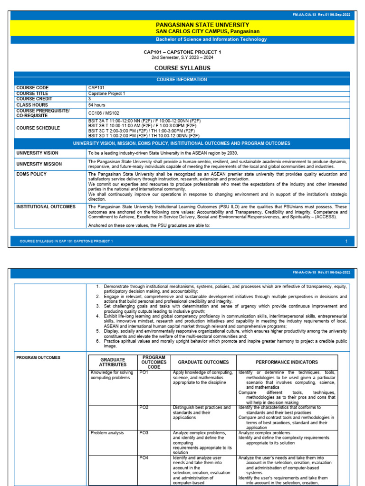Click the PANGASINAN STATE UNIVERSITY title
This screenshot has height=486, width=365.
pos(182,25)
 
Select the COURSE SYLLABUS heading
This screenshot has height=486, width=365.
pos(182,68)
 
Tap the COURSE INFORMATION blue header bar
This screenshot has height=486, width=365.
pos(182,80)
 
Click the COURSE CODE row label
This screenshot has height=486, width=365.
pos(32,88)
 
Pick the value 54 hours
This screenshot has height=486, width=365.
pos(97,104)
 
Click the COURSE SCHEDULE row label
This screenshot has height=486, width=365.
pos(38,128)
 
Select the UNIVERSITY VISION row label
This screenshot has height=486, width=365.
pos(37,153)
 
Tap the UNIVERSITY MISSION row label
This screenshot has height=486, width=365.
pos(39,164)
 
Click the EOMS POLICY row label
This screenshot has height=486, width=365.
pos(31,174)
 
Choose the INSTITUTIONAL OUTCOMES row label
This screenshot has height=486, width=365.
pos(46,207)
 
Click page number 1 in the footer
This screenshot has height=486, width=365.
pos(346,242)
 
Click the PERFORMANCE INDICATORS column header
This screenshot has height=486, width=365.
pos(287,362)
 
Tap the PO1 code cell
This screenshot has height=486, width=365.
pos(144,373)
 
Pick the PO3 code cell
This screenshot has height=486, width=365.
pos(144,433)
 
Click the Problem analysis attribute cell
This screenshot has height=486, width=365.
pos(107,433)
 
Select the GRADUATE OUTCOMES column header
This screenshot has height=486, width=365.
pos(203,362)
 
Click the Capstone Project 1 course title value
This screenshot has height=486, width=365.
pos(106,93)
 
